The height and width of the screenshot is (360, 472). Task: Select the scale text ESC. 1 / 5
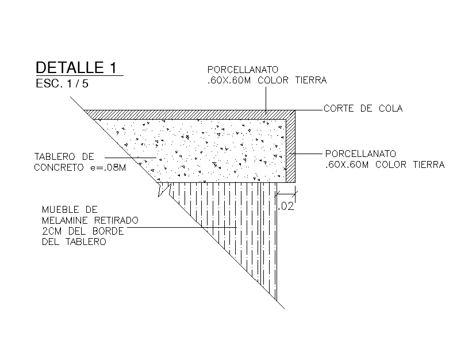pyautogui.click(x=62, y=83)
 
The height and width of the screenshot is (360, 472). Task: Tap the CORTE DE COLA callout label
pyautogui.click(x=363, y=108)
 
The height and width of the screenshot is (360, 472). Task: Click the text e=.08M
pyautogui.click(x=109, y=167)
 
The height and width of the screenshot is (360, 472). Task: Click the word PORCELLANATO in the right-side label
pyautogui.click(x=360, y=154)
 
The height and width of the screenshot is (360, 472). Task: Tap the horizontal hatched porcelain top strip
pyautogui.click(x=190, y=114)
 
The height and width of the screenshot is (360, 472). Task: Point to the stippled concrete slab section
pyautogui.click(x=213, y=150)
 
